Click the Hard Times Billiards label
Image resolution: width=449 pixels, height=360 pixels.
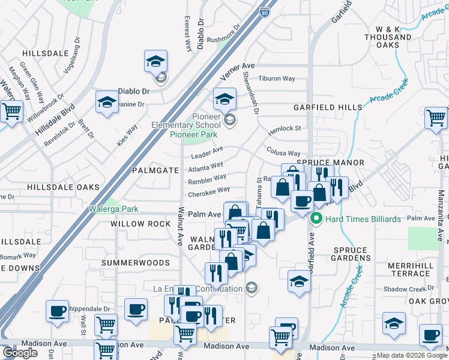click(x=363, y=219)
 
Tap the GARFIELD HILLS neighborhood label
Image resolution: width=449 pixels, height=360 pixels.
click(x=328, y=107)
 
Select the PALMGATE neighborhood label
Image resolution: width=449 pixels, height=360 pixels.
click(x=155, y=170)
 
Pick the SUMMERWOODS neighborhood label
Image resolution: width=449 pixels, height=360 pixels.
click(x=135, y=263)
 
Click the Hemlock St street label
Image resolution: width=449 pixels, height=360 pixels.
click(x=284, y=128)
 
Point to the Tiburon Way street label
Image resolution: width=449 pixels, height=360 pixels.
click(x=277, y=79)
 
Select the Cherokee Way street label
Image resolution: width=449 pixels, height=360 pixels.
click(x=209, y=190)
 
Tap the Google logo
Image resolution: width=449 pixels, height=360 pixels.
click(x=20, y=352)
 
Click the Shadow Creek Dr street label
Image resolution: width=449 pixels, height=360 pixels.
click(x=405, y=289)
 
